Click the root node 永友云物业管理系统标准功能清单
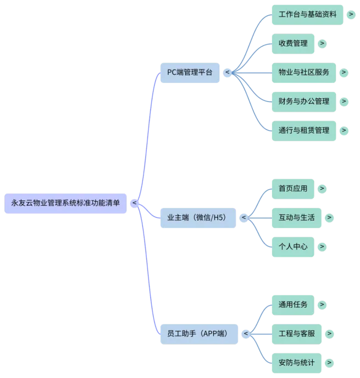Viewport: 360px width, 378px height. coord(65,203)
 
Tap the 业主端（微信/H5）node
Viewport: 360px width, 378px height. coord(198,218)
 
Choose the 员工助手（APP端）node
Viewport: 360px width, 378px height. coord(198,333)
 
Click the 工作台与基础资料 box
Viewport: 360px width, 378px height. coord(308,15)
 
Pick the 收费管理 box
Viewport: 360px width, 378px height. coord(293,43)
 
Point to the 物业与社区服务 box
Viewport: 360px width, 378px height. coord(304,73)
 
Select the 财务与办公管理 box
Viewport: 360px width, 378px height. coord(304,101)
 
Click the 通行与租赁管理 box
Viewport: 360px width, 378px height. coord(304,130)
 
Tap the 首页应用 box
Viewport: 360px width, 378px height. coord(293,188)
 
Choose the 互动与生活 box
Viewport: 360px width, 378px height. coord(297,218)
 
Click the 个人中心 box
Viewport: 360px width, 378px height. coord(293,247)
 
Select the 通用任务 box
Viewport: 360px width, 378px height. coord(293,304)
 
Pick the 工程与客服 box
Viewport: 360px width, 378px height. coord(297,333)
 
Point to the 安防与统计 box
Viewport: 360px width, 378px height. coord(297,363)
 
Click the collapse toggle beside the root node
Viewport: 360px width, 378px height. coord(134,203)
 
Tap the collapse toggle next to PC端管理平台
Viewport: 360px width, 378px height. coord(227,73)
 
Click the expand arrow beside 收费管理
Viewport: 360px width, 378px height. coord(322,43)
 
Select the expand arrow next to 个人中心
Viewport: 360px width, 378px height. coord(322,247)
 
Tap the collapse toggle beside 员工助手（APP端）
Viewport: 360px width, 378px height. coord(246,333)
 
